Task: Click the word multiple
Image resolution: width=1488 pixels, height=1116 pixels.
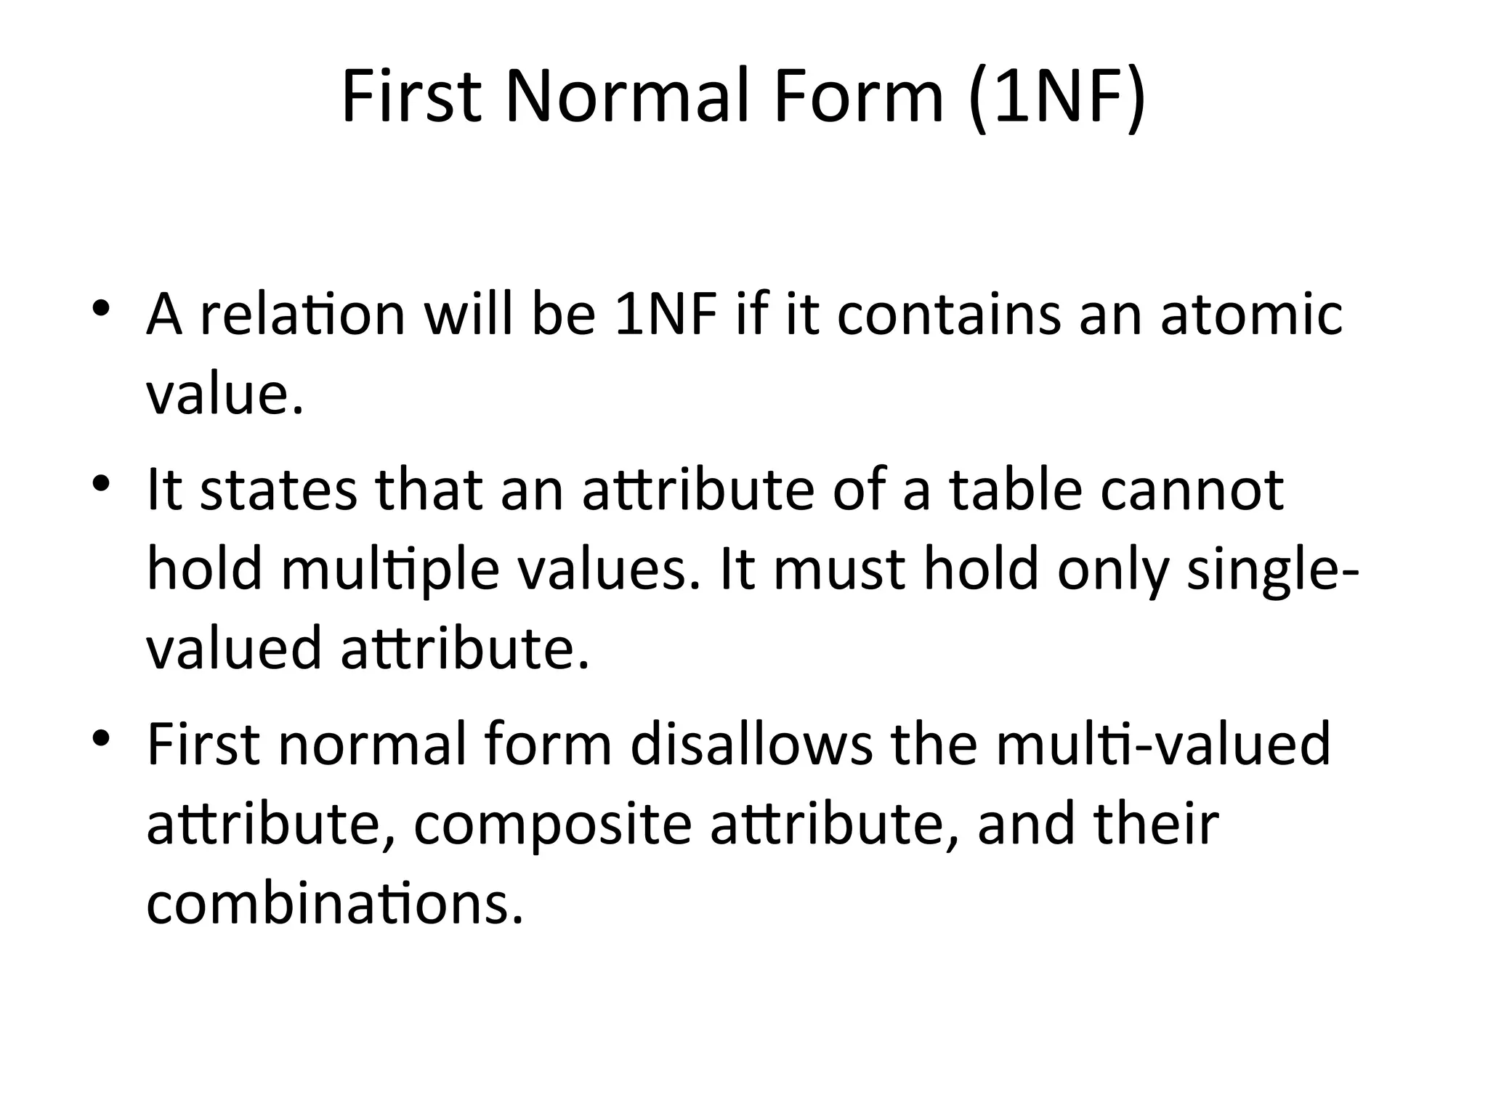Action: point(390,570)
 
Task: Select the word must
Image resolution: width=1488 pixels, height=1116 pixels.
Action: point(838,570)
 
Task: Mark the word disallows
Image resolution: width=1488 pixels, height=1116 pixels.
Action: point(751,745)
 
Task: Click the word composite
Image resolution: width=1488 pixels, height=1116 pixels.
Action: point(552,825)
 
